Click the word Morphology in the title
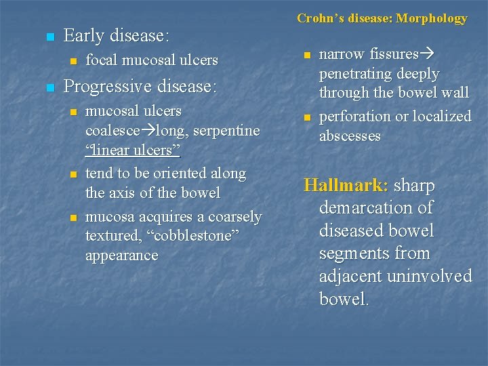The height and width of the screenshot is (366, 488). coord(432,18)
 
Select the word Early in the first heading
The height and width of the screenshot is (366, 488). coord(85,35)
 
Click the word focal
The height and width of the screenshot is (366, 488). coord(101,60)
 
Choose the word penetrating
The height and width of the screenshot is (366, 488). coord(360,73)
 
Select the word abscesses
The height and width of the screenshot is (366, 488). coord(350,136)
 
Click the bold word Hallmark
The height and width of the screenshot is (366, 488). coord(346,185)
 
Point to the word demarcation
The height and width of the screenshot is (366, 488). coord(375,208)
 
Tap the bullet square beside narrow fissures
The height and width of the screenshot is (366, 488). coord(307,55)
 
